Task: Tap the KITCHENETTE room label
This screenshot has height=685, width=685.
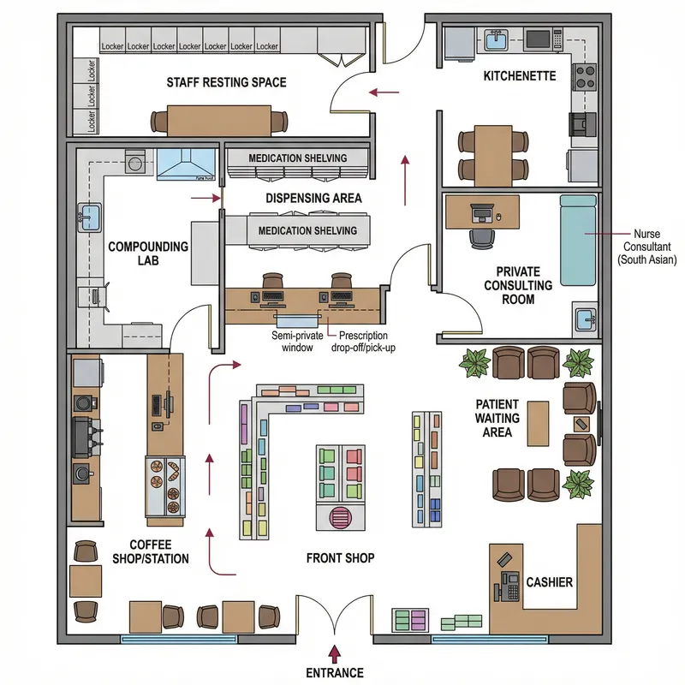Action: tap(519, 76)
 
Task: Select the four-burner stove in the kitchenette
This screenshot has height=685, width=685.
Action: tap(585, 78)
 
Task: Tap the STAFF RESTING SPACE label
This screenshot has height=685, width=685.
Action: tap(226, 83)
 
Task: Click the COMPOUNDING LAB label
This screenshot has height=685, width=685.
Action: tap(148, 254)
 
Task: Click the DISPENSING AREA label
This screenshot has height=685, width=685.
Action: tap(313, 198)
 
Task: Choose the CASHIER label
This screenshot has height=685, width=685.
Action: tap(549, 582)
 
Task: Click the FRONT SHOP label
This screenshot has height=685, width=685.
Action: tap(340, 558)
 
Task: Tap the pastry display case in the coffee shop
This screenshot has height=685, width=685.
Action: tap(166, 483)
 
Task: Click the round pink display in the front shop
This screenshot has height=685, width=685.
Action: tap(341, 518)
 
